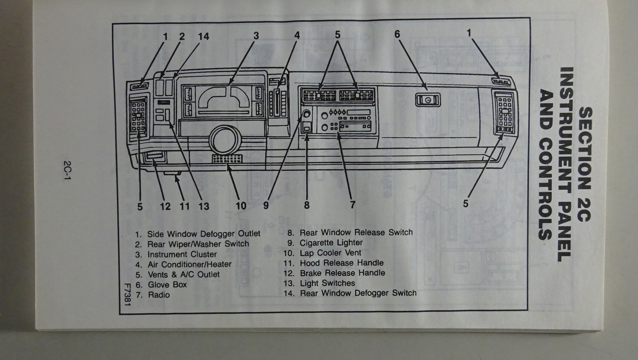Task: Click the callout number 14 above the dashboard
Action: click(203, 37)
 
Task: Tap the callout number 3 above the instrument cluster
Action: click(256, 36)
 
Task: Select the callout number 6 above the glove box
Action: click(397, 34)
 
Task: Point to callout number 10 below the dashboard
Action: click(241, 206)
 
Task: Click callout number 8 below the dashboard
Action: click(306, 205)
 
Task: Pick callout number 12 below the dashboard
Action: click(165, 206)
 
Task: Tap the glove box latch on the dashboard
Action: click(428, 100)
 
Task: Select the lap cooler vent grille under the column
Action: click(227, 159)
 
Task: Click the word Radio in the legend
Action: click(159, 295)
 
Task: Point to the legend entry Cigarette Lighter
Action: click(331, 243)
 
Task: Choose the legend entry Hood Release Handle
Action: click(341, 263)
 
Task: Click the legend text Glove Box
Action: click(167, 285)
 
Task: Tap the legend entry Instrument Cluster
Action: click(182, 254)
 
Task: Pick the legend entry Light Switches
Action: click(327, 283)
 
